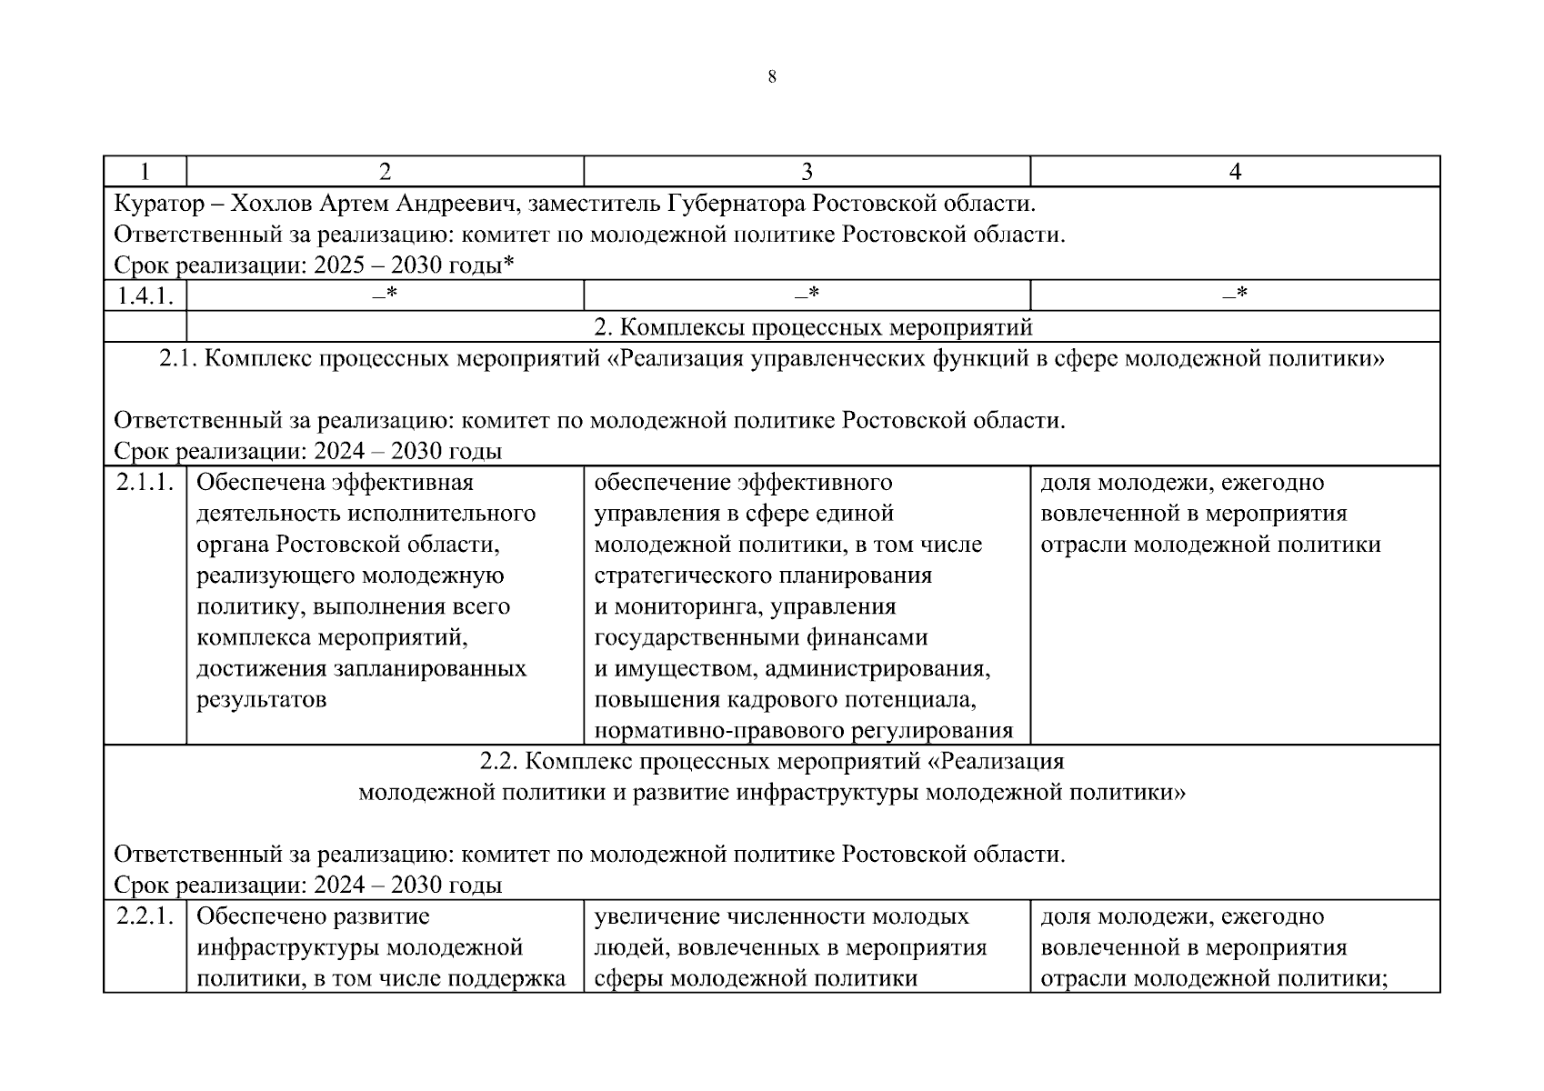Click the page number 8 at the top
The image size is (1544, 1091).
click(x=772, y=77)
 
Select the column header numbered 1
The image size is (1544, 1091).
click(x=145, y=172)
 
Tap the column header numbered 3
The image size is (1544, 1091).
click(x=807, y=172)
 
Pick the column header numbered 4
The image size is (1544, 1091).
click(x=1235, y=172)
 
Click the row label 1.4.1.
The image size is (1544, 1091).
click(x=145, y=296)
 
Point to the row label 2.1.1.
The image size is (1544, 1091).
click(x=145, y=483)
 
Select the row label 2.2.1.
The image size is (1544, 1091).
click(x=145, y=916)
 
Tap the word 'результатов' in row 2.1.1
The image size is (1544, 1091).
click(x=261, y=700)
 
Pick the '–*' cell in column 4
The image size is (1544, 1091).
click(x=1235, y=295)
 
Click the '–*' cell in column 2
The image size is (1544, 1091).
click(x=385, y=295)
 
